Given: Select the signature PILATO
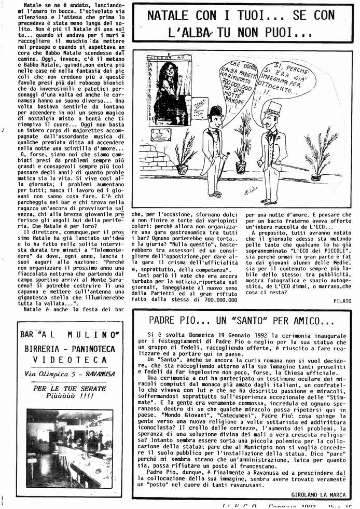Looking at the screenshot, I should click(x=342, y=300).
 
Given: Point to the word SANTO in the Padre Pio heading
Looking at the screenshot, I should click(x=233, y=321).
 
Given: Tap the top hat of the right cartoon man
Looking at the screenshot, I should click(x=272, y=108).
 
